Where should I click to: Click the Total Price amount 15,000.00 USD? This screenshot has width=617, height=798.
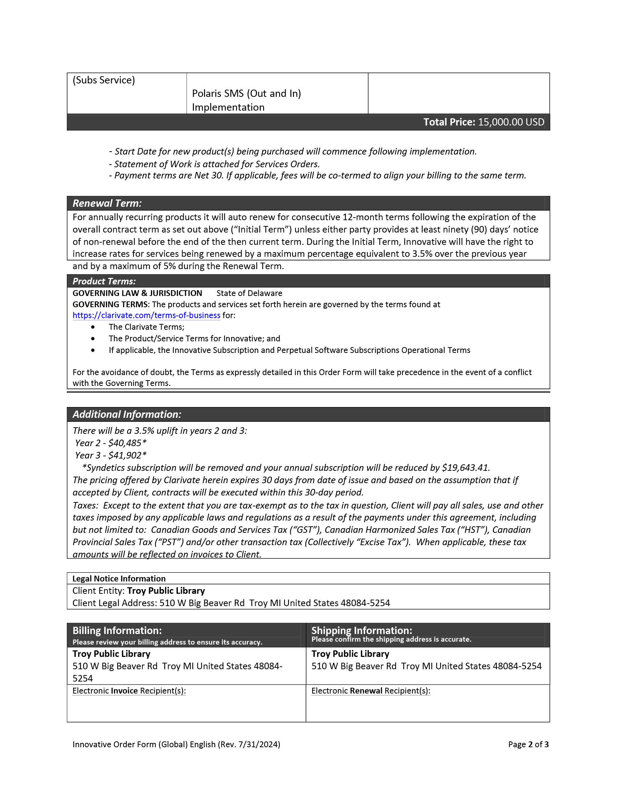pos(511,122)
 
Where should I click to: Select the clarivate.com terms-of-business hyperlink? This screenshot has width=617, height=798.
pos(146,315)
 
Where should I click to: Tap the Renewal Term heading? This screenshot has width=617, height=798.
pos(107,203)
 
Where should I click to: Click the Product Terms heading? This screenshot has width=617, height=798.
pos(104,281)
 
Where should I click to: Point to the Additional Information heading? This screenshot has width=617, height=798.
pos(126,414)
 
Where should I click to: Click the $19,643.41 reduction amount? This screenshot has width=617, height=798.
pos(465,468)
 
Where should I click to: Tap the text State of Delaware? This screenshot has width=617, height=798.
pos(249,293)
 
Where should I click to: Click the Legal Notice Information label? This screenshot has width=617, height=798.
pos(119,579)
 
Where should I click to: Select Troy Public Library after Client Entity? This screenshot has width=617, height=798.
pos(166,591)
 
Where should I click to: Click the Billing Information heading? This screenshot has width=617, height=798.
pos(117,631)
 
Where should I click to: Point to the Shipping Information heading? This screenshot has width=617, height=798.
pos(361,631)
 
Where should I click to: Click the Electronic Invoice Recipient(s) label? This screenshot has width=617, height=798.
pos(129,691)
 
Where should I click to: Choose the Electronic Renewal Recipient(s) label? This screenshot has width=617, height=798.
pos(370,691)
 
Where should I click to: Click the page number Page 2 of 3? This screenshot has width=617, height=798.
pos(528,745)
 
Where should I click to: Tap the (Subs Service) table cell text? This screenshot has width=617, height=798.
pos(103,80)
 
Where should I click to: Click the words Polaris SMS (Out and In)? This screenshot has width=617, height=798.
pos(246,94)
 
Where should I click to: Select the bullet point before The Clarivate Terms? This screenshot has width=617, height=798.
pos(93,327)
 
